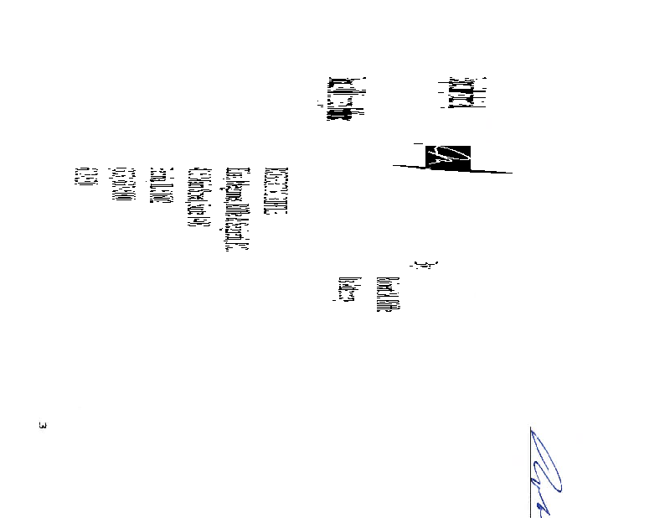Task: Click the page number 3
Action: click(x=43, y=426)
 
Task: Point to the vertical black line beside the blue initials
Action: click(x=531, y=473)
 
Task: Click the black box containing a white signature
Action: click(x=448, y=157)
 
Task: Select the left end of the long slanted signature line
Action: click(x=394, y=166)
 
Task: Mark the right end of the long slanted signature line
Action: click(x=511, y=173)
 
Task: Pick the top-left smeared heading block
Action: click(x=339, y=99)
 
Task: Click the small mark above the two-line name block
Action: click(x=428, y=266)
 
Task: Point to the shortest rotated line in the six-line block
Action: click(x=81, y=175)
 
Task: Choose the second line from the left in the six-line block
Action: click(x=118, y=182)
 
